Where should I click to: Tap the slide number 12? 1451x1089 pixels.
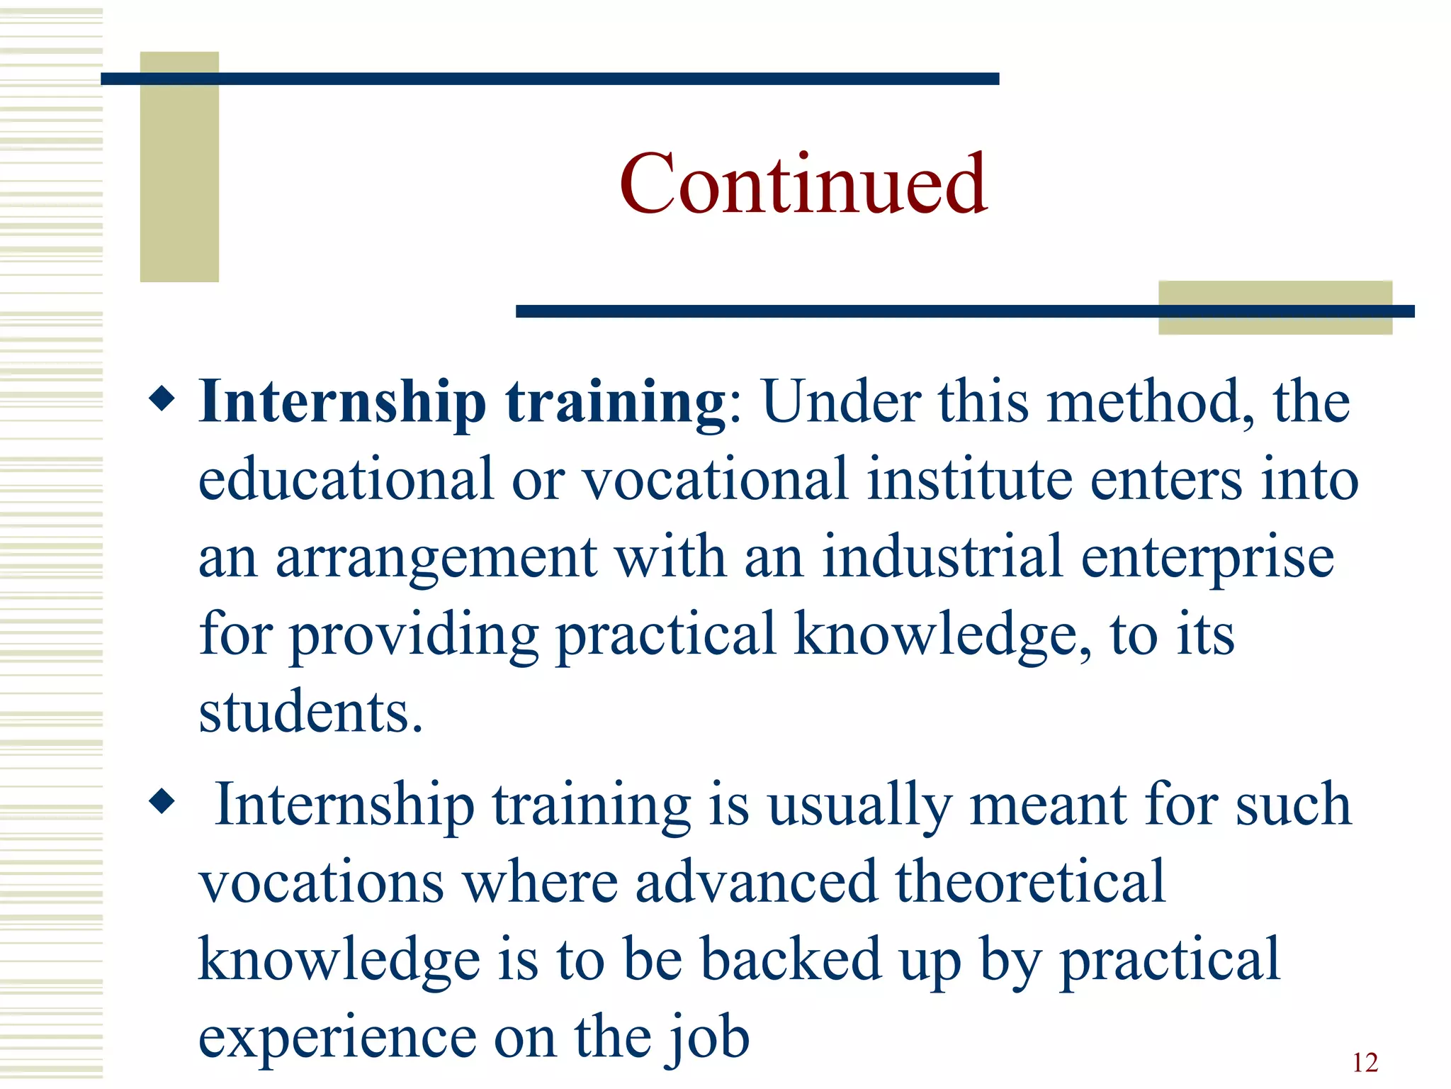click(1365, 1062)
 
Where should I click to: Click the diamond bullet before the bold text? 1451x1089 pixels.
click(162, 398)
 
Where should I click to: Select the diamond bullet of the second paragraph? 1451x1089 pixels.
click(162, 801)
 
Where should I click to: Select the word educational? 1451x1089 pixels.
click(346, 479)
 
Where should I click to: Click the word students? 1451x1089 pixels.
click(310, 711)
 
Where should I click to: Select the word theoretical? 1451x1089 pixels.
click(1030, 881)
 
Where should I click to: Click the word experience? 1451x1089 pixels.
click(337, 1038)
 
